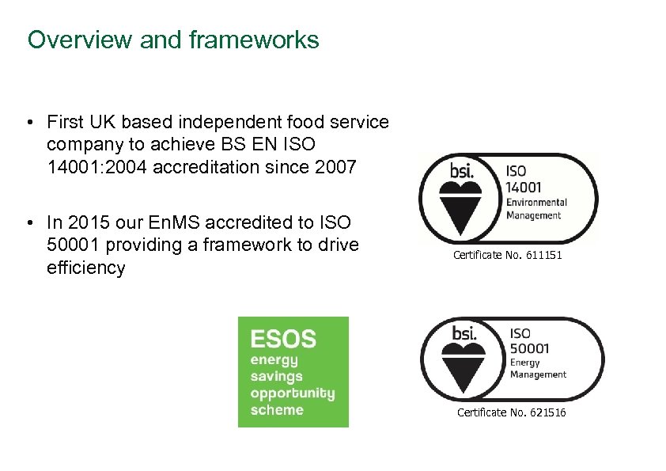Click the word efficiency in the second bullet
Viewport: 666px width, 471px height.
tap(85, 268)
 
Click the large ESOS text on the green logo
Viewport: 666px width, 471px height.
tap(283, 340)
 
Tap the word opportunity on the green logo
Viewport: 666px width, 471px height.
tap(292, 393)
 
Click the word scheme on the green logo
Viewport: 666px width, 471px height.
tap(277, 410)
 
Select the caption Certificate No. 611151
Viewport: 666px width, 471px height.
tap(507, 256)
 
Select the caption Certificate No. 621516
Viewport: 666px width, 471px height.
tap(511, 412)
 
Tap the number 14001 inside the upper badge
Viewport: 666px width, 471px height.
tap(524, 186)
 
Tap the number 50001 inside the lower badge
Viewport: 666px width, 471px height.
tap(530, 348)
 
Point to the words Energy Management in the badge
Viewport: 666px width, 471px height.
tap(538, 369)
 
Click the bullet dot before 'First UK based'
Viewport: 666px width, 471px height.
tap(28, 123)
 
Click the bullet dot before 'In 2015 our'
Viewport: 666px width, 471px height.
tap(28, 223)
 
